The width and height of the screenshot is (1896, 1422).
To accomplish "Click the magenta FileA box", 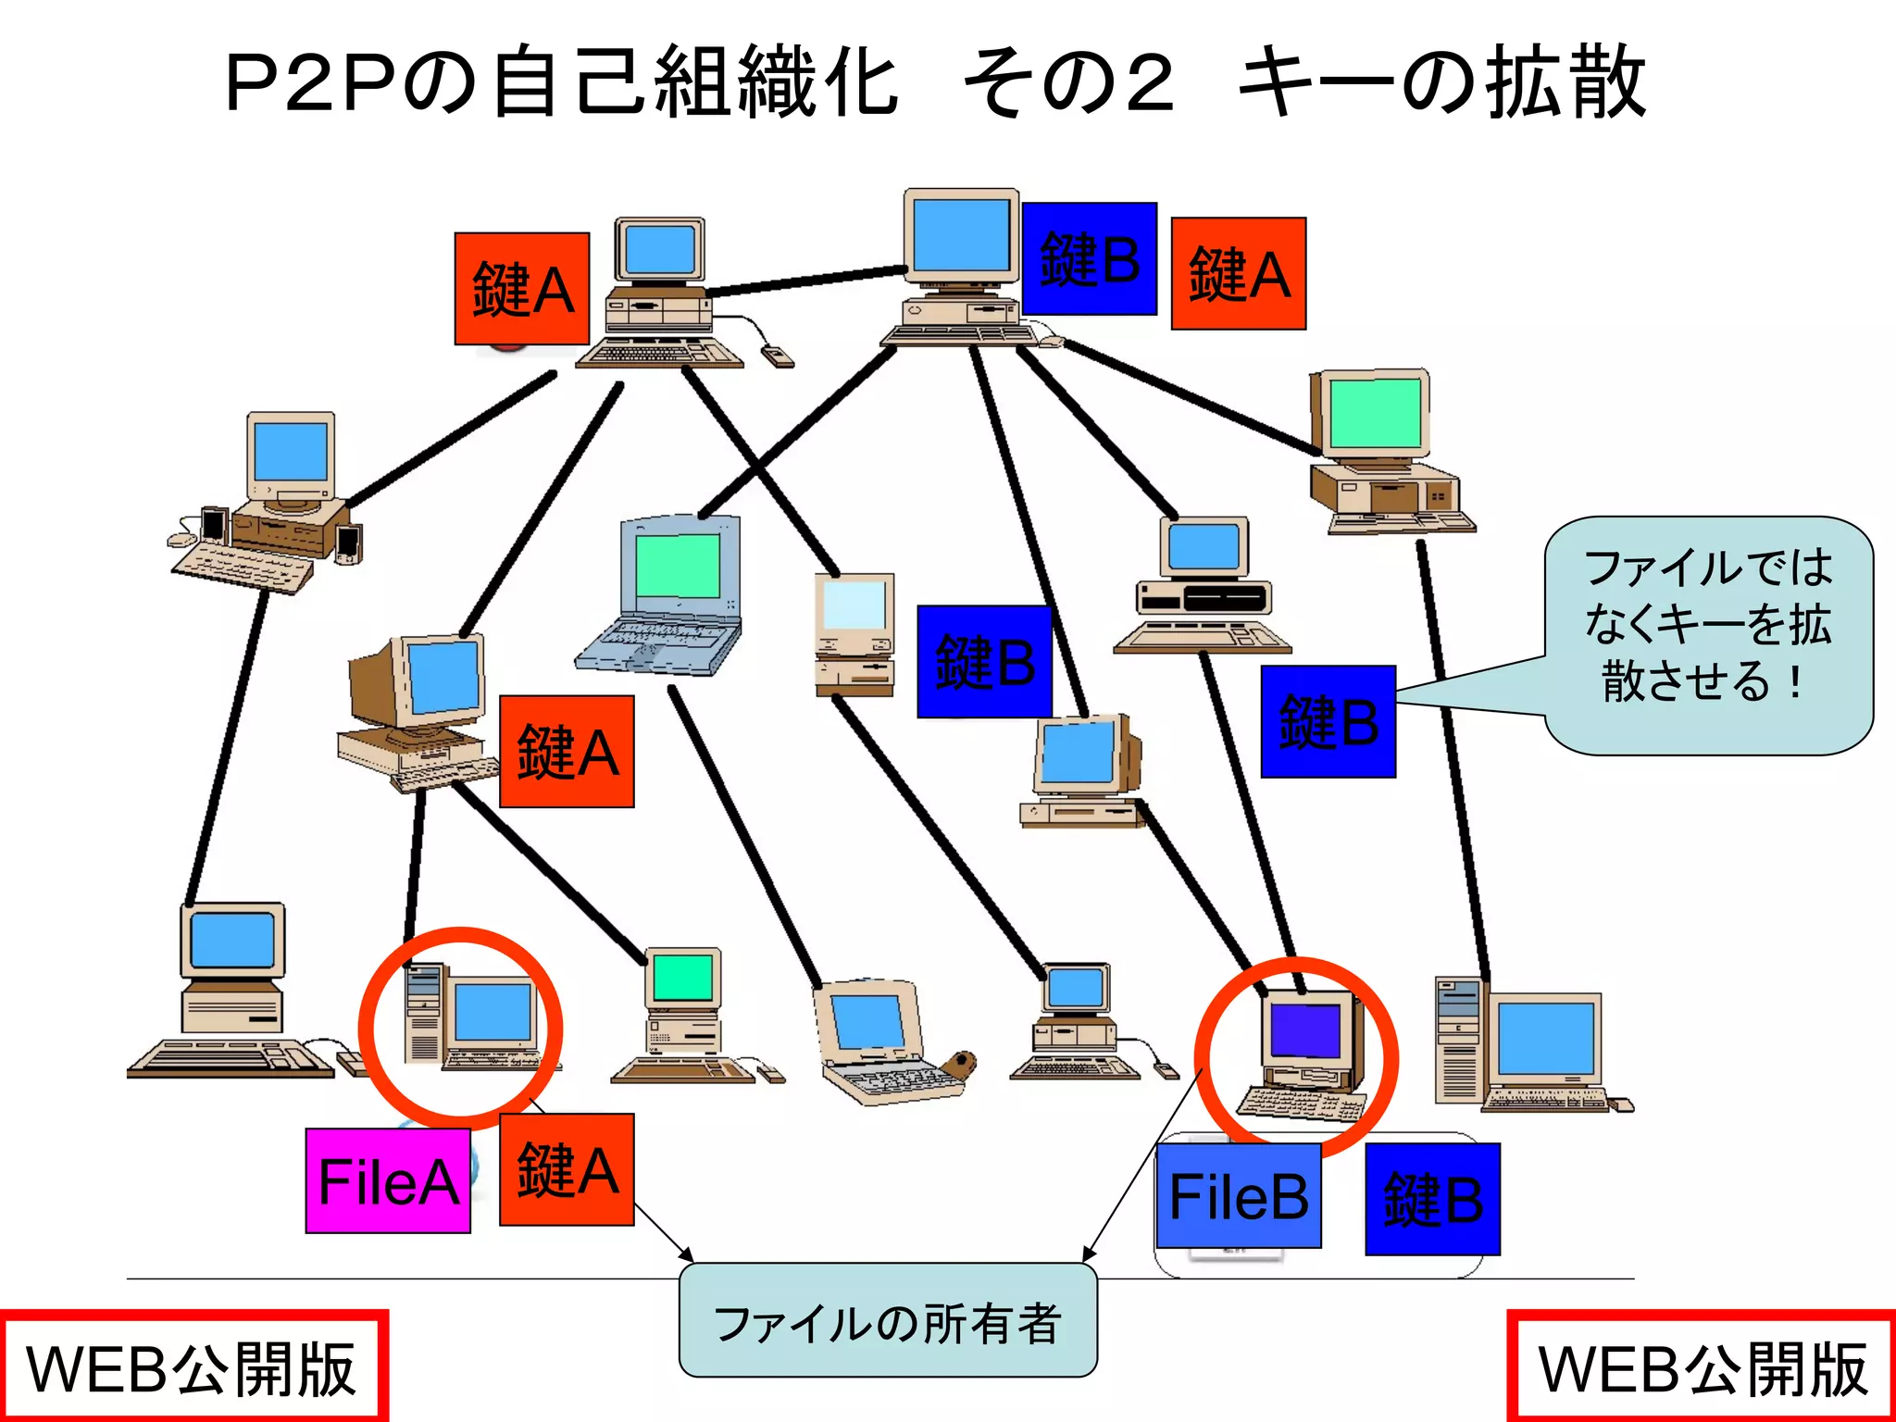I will (388, 1180).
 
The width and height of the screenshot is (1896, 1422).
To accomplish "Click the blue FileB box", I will (1238, 1195).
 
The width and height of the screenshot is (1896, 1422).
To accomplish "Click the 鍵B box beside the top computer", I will (1089, 258).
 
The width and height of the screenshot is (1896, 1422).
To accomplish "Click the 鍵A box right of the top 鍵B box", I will (1238, 274).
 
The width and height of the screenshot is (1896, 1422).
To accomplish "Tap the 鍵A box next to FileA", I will (567, 1169).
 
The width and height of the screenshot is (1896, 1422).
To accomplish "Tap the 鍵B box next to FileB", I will (1431, 1199).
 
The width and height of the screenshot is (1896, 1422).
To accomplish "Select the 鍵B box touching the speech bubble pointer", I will (1328, 721).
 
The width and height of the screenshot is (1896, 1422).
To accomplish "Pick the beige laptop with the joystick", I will (884, 1042).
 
